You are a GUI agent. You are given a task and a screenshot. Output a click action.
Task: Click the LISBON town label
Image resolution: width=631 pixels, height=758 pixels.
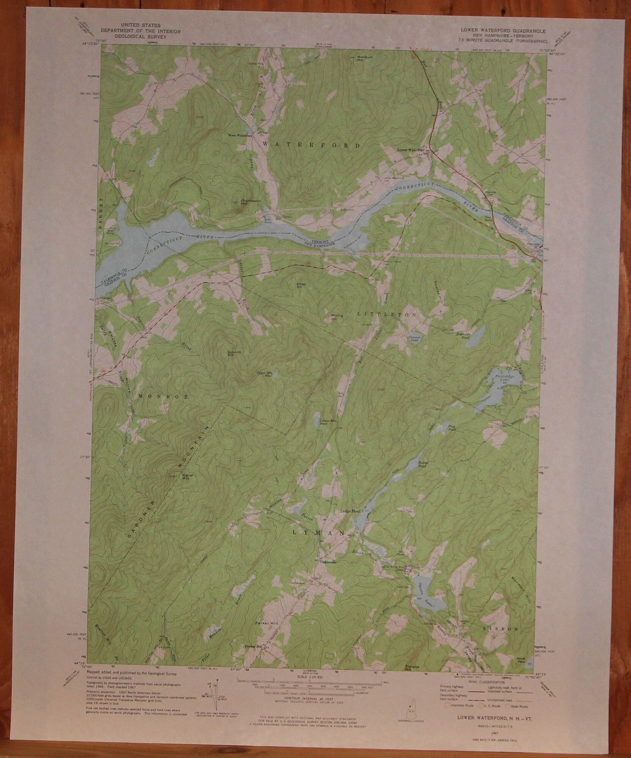tap(500, 628)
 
